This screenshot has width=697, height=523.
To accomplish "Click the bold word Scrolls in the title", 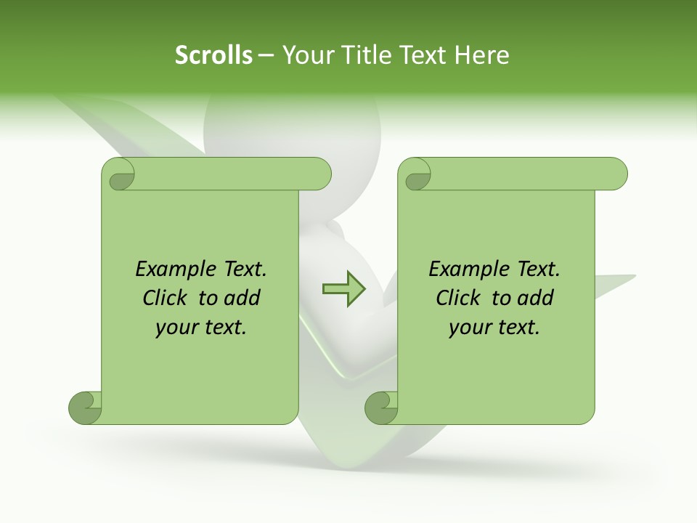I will coord(213,55).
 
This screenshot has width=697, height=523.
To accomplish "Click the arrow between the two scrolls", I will coord(343,288).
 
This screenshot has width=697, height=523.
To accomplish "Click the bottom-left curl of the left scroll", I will coord(84,408).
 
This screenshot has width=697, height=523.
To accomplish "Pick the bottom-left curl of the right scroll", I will coord(380,408).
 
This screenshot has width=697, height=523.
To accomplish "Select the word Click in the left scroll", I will coord(166,298).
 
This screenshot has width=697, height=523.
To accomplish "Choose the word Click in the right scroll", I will coord(460,298).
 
